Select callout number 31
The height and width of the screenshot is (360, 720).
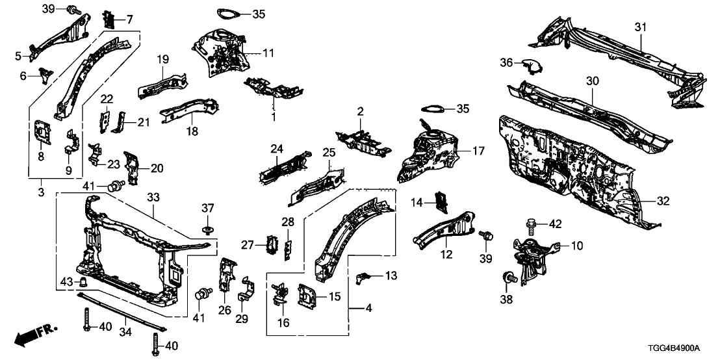coord(641,27)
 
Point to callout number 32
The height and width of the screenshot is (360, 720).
coord(662,201)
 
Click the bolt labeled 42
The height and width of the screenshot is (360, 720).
coord(529,225)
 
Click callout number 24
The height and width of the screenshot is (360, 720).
coord(277,149)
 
